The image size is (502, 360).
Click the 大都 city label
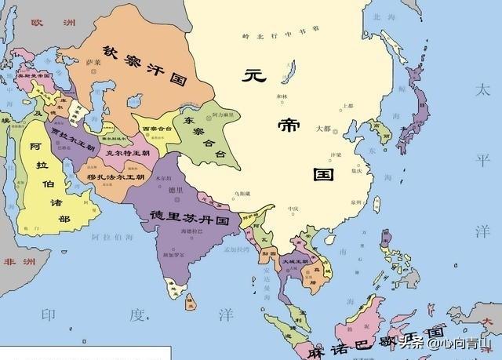coord(323,128)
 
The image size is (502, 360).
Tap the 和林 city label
coord(283,97)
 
